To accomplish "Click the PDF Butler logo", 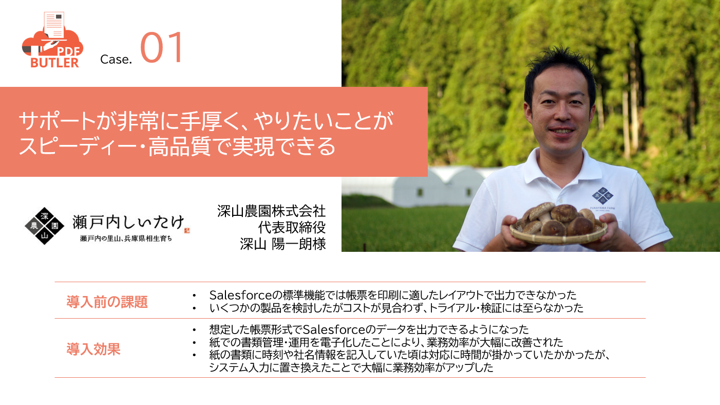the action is pyautogui.click(x=52, y=40).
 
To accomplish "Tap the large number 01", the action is pyautogui.click(x=161, y=47).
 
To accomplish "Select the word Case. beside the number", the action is pyautogui.click(x=116, y=59).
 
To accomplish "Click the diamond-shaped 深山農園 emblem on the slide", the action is pyautogui.click(x=44, y=226).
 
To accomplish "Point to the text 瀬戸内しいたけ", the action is pyautogui.click(x=128, y=222).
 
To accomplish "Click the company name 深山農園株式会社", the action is pyautogui.click(x=271, y=211).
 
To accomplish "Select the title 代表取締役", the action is pyautogui.click(x=292, y=228).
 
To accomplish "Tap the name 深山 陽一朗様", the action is pyautogui.click(x=283, y=244).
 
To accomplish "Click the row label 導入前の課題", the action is pyautogui.click(x=107, y=302).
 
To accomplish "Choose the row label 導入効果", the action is pyautogui.click(x=93, y=349).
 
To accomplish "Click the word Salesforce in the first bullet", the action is pyautogui.click(x=241, y=295).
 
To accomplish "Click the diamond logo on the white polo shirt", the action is pyautogui.click(x=602, y=196).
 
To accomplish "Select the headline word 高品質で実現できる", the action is pyautogui.click(x=242, y=146).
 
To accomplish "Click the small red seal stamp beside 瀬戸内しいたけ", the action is pyautogui.click(x=187, y=230).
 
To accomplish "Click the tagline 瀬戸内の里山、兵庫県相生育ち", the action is pyautogui.click(x=126, y=238).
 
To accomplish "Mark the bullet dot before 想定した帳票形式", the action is pyautogui.click(x=194, y=330).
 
